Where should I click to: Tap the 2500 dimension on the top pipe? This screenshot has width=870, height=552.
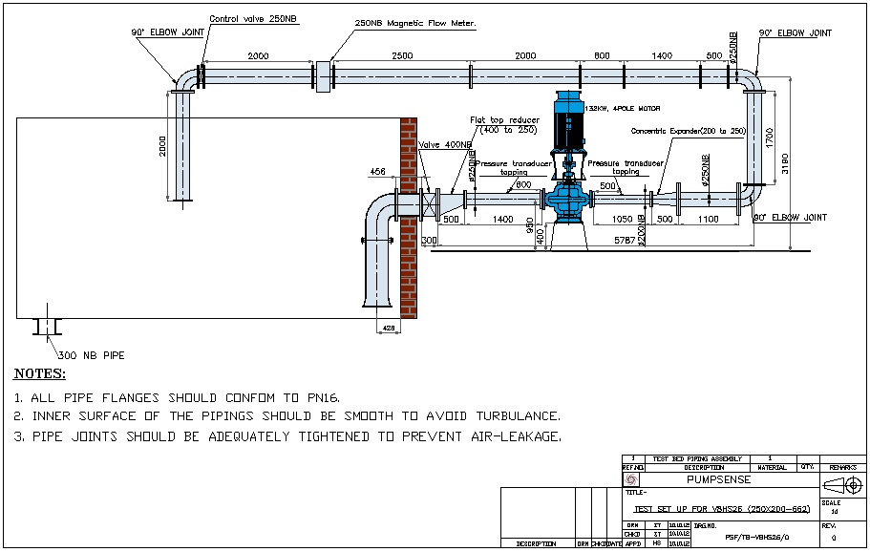[x=402, y=56]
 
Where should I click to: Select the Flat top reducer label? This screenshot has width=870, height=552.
[x=504, y=120]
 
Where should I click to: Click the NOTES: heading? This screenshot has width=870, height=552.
[x=40, y=373]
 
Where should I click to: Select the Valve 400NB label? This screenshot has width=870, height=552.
[x=445, y=145]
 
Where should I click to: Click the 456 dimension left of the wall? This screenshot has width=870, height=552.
[x=379, y=173]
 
